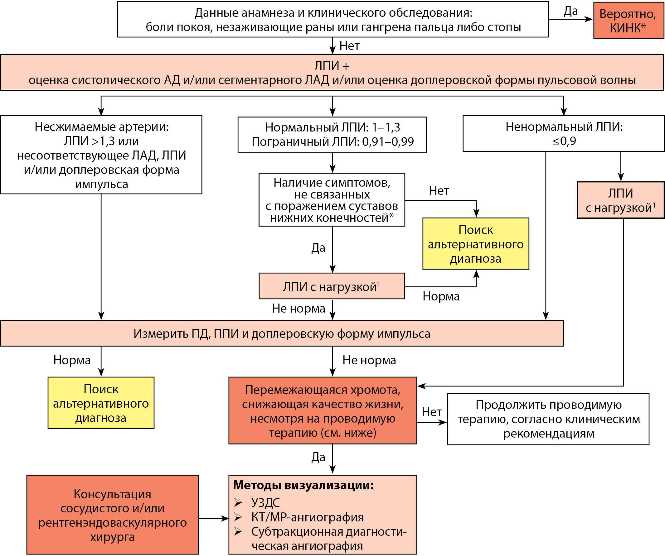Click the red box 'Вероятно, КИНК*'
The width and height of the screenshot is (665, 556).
coord(628,21)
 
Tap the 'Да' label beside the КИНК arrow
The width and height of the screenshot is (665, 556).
coord(570,12)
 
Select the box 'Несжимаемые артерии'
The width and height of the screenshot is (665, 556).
coord(101,155)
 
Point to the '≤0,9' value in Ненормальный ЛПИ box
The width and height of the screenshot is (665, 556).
coord(564,141)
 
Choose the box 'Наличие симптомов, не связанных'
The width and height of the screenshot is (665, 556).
coord(332,200)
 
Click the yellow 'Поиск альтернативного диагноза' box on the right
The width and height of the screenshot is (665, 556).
coord(476,244)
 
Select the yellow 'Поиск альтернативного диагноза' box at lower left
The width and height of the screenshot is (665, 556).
coord(101,403)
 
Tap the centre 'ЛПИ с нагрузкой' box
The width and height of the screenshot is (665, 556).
coord(332,286)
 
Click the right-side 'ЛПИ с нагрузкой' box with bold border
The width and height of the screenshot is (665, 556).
coord(620,200)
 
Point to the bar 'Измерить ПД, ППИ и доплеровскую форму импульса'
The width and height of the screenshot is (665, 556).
coord(282,333)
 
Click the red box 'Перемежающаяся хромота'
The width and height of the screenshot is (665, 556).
coord(323,411)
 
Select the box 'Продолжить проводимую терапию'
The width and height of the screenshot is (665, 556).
coord(548,419)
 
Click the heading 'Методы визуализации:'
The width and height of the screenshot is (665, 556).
coord(303,486)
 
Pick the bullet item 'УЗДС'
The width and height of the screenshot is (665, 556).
coord(265,502)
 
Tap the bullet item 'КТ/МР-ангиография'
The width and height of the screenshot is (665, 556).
coord(307,517)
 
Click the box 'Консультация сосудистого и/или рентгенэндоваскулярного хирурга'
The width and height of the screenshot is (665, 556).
coord(112,515)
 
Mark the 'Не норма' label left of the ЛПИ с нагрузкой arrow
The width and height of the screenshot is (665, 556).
coord(298,309)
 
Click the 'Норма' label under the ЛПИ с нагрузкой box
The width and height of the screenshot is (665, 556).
coord(441,296)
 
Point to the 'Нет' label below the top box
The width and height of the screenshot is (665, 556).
coord(349,46)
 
